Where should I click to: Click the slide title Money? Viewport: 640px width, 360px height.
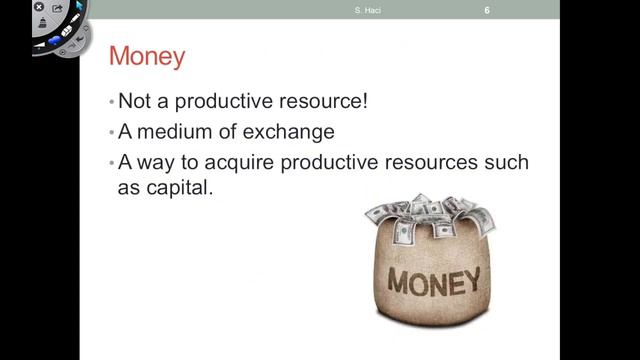coord(146,56)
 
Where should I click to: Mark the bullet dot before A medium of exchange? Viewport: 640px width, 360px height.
coord(112,133)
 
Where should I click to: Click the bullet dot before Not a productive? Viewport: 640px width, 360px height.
coord(112,103)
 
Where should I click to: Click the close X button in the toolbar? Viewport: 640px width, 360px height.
coord(39,7)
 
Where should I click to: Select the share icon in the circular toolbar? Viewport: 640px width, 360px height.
coord(58,8)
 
